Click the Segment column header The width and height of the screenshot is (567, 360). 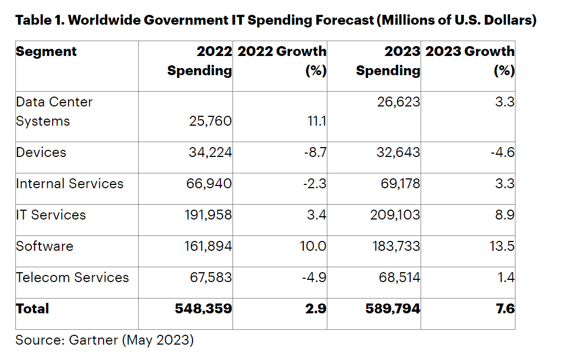click(47, 52)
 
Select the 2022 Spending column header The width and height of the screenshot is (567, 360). click(200, 61)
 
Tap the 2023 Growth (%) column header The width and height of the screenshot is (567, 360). click(470, 61)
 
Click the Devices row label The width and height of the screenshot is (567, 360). click(41, 152)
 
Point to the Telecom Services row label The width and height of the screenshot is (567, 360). click(72, 277)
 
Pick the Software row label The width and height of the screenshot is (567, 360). click(44, 246)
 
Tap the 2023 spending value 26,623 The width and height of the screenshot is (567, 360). click(399, 102)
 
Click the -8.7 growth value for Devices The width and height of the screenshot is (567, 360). click(315, 152)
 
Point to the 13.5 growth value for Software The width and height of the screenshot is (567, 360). click(502, 246)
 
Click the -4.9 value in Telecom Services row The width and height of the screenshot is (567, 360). click(314, 277)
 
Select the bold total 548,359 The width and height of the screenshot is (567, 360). click(203, 309)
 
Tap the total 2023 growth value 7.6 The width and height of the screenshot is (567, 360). click(505, 309)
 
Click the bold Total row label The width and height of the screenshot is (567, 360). click(32, 309)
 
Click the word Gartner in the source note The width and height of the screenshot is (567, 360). click(93, 340)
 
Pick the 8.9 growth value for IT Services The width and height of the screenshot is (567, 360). click(504, 215)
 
